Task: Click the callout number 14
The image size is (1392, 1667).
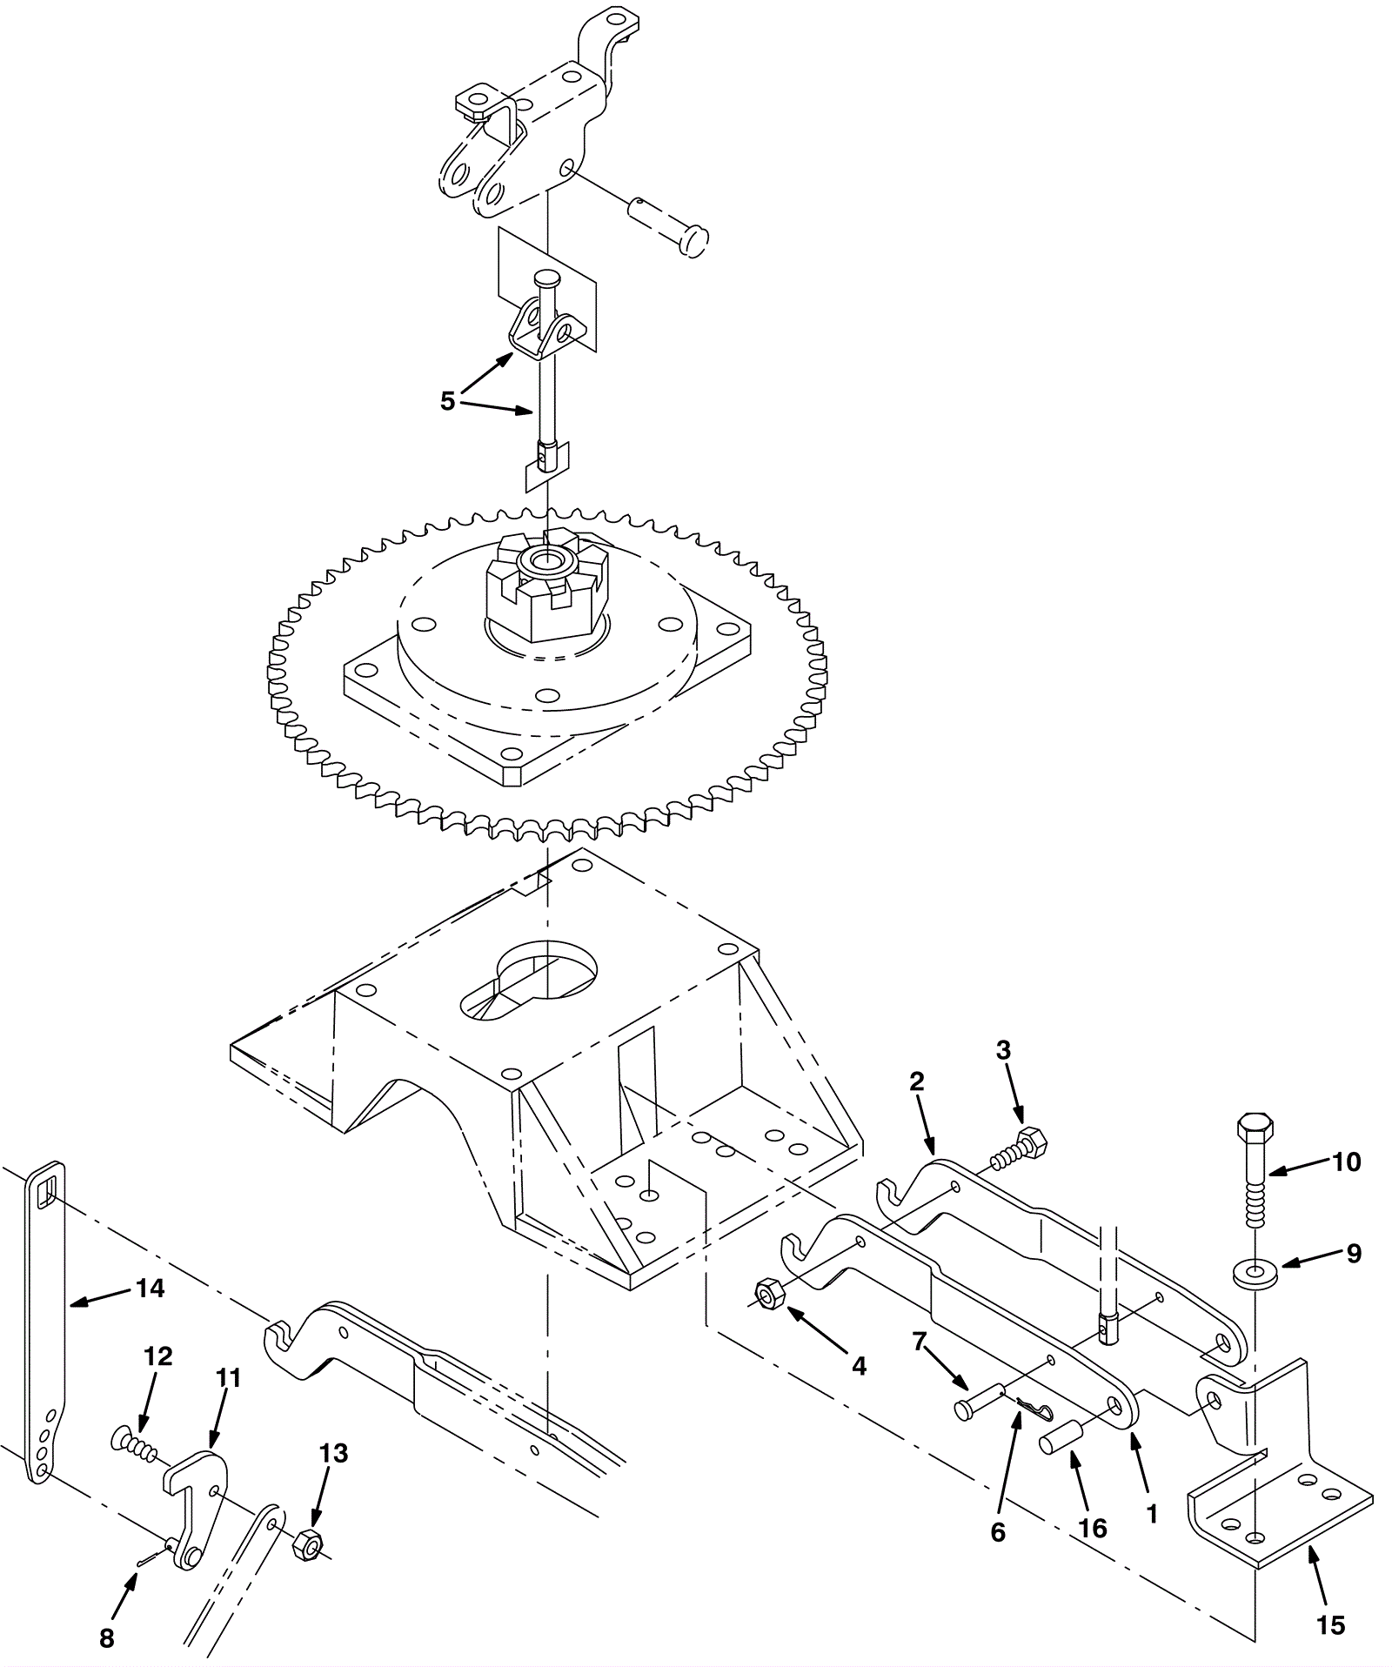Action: click(x=151, y=1288)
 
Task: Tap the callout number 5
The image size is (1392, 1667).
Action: click(x=447, y=401)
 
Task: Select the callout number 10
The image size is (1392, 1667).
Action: click(x=1346, y=1162)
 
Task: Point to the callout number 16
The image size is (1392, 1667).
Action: click(x=1093, y=1528)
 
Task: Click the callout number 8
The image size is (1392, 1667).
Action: click(x=107, y=1638)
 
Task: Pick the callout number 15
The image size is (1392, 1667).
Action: click(x=1331, y=1624)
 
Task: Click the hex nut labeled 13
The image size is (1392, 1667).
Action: click(x=307, y=1544)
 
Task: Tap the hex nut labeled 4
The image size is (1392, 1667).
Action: click(x=768, y=1295)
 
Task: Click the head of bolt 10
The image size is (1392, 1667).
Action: click(x=1255, y=1127)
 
